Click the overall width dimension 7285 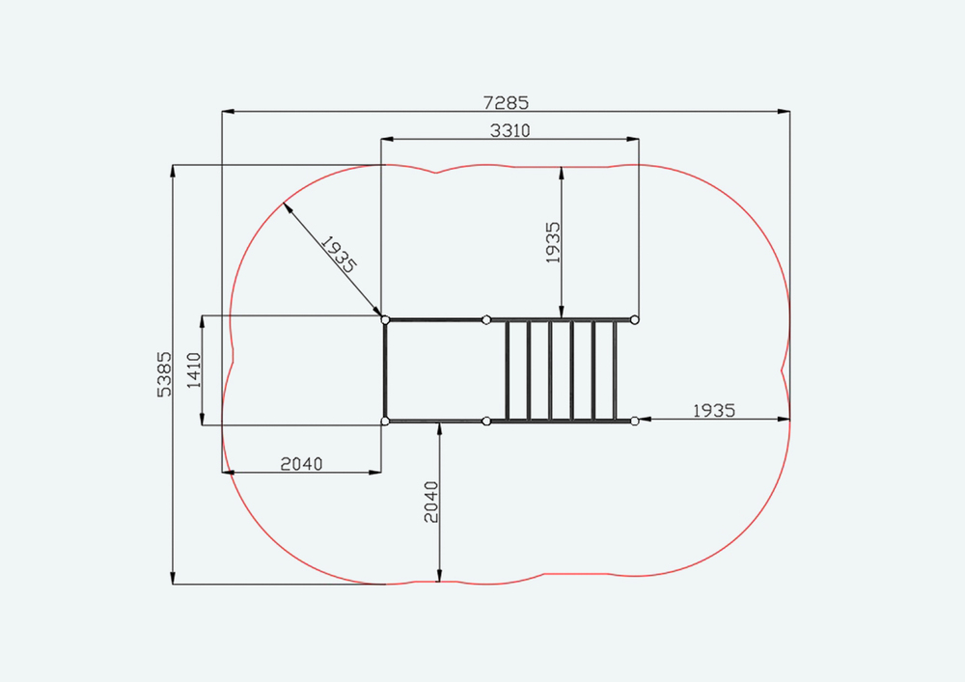coord(506,102)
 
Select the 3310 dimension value coord(510,130)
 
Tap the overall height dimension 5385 coord(164,374)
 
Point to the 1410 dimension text coord(194,370)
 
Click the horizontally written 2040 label coord(301,464)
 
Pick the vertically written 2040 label coord(431,502)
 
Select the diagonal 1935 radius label coord(339,254)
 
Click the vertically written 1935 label coord(553,242)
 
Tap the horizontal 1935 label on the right coord(714,410)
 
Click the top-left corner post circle coord(385,320)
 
